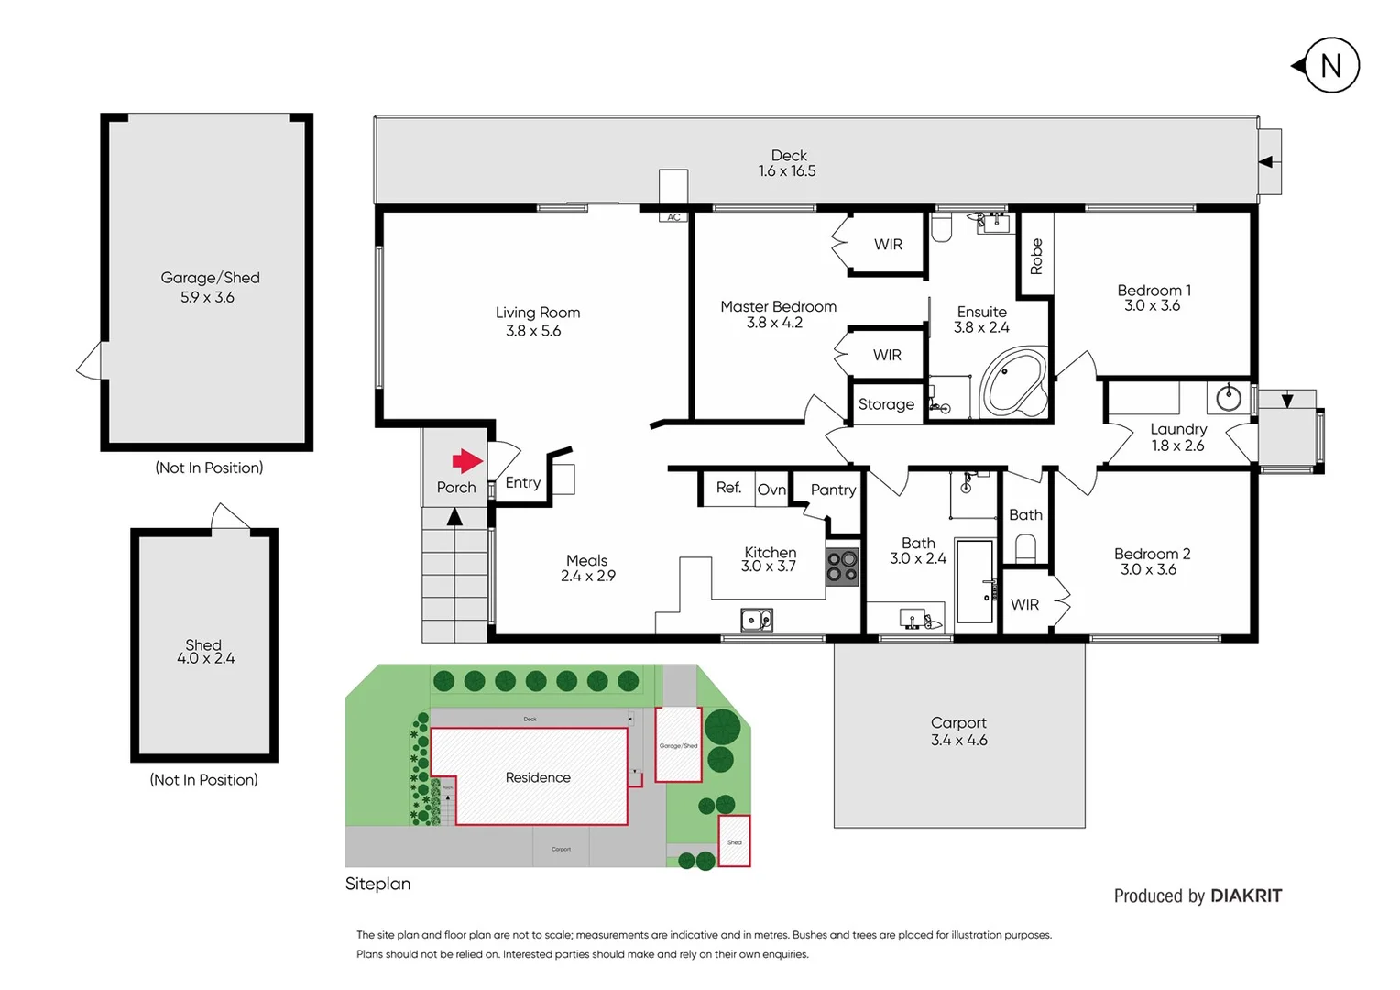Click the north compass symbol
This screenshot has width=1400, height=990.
[1330, 66]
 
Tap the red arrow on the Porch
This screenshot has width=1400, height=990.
[467, 461]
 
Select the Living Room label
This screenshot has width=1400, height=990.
[538, 313]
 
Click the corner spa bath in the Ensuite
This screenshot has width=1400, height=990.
[1014, 381]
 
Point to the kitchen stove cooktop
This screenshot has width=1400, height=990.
[842, 566]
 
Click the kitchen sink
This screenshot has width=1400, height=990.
[756, 621]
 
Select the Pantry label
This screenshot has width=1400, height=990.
[833, 489]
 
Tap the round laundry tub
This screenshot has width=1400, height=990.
[1229, 398]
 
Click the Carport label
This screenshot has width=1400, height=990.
[958, 722]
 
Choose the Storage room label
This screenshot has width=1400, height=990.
[886, 404]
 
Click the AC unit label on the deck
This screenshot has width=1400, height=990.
[673, 217]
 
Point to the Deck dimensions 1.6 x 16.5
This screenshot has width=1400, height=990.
[787, 171]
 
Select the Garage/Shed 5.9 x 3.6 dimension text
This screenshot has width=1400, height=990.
[207, 297]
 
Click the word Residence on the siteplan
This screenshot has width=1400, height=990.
[538, 777]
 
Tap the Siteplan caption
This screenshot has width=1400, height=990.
[377, 884]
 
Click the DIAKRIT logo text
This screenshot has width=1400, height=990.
[1246, 896]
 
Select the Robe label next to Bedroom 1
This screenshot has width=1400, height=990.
[1036, 256]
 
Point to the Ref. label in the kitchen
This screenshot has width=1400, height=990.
[728, 488]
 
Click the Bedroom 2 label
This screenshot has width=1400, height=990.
[1152, 554]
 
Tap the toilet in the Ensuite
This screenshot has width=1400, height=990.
[942, 227]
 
